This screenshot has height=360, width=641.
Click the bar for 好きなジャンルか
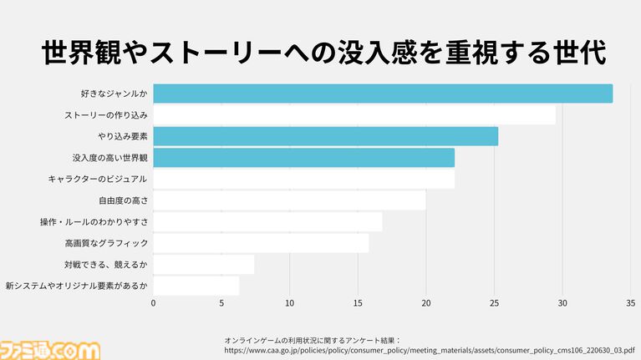pyautogui.click(x=383, y=94)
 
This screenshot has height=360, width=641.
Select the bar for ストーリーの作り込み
pyautogui.click(x=354, y=114)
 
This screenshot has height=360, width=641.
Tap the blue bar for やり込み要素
pyautogui.click(x=325, y=136)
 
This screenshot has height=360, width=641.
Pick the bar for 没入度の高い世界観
pyautogui.click(x=303, y=157)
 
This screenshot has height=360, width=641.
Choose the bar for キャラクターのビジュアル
pyautogui.click(x=303, y=179)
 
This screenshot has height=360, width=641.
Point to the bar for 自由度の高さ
pyautogui.click(x=289, y=200)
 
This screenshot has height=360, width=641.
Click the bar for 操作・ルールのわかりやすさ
pyautogui.click(x=267, y=221)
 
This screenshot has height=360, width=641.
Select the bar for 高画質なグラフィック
pyautogui.click(x=261, y=243)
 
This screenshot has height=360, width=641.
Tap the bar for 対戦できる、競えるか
pyautogui.click(x=203, y=264)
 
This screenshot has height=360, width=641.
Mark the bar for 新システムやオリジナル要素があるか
pyautogui.click(x=196, y=286)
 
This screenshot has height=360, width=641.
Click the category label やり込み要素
pyautogui.click(x=122, y=136)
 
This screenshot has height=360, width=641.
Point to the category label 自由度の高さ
pyautogui.click(x=123, y=200)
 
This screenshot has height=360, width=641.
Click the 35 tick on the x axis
pyautogui.click(x=631, y=303)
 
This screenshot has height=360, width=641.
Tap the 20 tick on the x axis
pyautogui.click(x=426, y=303)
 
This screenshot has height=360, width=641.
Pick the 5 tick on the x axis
pyautogui.click(x=221, y=303)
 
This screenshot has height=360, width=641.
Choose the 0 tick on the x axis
pyautogui.click(x=154, y=303)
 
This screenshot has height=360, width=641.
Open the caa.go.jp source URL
pyautogui.click(x=429, y=351)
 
